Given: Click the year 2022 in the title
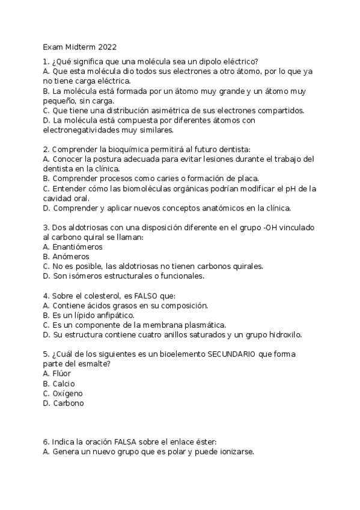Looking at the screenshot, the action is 106,46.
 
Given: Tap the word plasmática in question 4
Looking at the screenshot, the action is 204,325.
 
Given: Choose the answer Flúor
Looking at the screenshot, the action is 62,373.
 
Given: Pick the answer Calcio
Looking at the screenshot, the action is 64,384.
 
